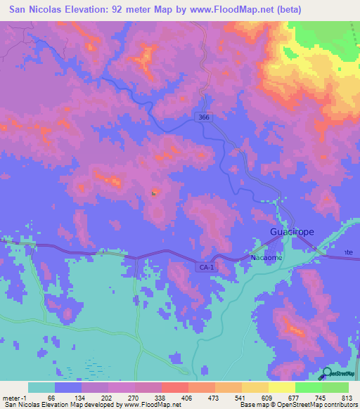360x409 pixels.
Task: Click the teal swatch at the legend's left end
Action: click(x=41, y=387)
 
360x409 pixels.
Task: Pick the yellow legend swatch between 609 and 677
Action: click(x=282, y=387)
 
